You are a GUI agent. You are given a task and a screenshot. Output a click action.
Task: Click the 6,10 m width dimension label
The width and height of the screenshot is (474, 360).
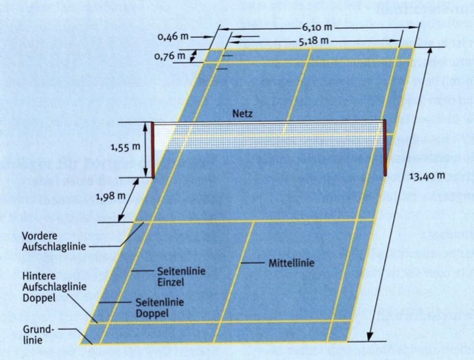(316, 27)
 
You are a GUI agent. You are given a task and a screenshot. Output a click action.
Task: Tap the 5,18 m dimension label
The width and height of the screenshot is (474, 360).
(313, 40)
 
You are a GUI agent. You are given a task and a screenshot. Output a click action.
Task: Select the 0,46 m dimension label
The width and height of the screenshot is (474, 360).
(173, 36)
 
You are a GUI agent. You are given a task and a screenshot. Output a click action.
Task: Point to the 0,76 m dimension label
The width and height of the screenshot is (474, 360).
(169, 56)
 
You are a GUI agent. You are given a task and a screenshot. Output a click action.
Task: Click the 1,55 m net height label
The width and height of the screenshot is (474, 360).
(126, 147)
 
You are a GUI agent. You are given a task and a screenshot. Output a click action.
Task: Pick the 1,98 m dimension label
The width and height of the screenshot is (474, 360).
(110, 196)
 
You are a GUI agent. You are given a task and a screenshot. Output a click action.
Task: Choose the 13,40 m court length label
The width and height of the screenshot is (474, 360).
(427, 176)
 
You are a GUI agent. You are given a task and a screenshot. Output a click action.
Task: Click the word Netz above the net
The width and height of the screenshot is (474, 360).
(242, 114)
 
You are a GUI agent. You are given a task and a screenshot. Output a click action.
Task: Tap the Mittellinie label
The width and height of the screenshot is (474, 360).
(292, 263)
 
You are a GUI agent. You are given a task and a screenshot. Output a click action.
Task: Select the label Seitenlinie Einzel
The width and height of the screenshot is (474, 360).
(181, 276)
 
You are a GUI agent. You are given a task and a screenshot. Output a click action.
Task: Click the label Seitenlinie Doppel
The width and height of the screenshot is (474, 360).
(160, 308)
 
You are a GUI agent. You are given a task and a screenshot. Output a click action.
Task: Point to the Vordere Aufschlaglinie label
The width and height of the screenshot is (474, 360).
(54, 241)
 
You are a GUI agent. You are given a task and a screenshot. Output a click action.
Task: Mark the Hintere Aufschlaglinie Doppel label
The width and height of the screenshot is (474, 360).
(54, 287)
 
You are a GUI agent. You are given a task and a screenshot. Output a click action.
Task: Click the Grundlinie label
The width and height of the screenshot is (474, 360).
(38, 335)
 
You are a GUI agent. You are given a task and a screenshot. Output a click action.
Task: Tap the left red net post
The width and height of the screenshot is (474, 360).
(153, 150)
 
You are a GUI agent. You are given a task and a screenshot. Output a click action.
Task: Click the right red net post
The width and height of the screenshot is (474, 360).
(385, 147)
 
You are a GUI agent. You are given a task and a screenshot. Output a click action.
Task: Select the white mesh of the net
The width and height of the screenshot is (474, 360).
(269, 135)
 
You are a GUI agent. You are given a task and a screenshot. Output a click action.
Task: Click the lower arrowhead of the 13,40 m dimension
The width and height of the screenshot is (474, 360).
(370, 337)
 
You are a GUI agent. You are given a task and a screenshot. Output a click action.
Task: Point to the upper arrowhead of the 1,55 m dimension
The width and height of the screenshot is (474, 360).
(145, 127)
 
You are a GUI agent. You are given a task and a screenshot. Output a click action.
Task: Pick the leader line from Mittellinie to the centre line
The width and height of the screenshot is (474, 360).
(252, 263)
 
